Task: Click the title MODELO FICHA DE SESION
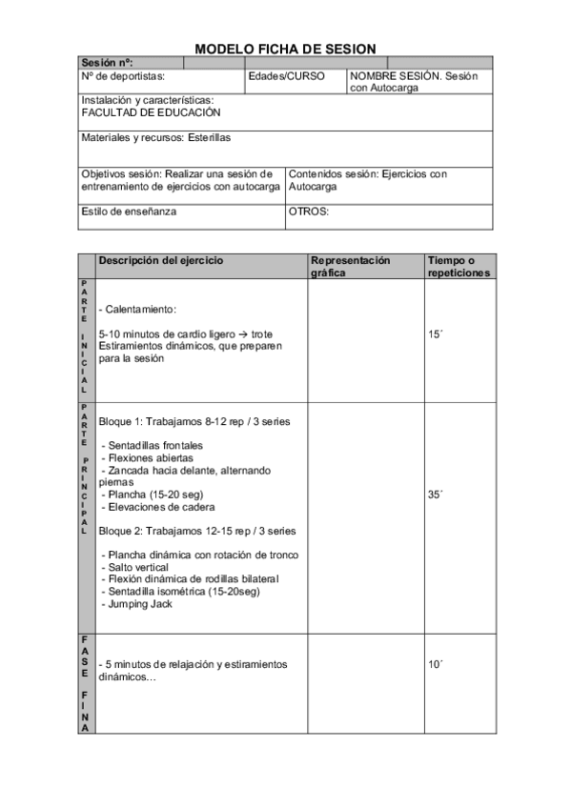(285, 49)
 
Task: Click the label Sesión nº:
(107, 63)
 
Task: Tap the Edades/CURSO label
(286, 75)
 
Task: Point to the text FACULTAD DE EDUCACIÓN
(144, 111)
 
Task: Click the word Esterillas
(209, 137)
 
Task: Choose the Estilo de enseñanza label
(129, 212)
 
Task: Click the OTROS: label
(308, 212)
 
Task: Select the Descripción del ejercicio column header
(161, 260)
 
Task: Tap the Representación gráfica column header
(351, 266)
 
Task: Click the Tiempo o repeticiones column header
(459, 266)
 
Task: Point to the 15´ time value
(436, 334)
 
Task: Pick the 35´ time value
(436, 495)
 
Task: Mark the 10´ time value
(436, 664)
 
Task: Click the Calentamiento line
(137, 310)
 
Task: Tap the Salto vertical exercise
(139, 567)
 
